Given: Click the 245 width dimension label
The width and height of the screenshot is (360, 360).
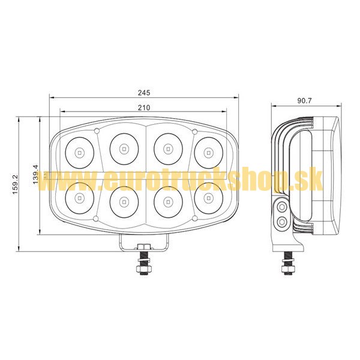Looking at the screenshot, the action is [144, 92].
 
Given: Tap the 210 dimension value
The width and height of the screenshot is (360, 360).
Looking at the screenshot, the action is [144, 107].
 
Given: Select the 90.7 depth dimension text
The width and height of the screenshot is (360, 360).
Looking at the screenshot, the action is [305, 101].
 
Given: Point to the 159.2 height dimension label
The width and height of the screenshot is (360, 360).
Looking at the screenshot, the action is [15, 184].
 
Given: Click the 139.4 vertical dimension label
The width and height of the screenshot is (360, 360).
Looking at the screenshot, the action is [35, 174].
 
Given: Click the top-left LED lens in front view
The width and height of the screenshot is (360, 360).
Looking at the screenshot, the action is [79, 152].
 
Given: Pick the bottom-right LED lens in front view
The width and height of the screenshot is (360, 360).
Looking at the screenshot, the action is [208, 198].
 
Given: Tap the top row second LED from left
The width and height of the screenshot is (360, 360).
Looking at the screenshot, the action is [124, 149].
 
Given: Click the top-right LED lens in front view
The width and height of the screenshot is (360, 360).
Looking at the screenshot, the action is [208, 152].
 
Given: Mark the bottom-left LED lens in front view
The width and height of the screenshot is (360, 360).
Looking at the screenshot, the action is [79, 198].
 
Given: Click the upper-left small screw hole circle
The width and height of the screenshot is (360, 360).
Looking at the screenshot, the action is [97, 131].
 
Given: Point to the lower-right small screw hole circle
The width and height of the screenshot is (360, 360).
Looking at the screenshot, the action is [195, 218].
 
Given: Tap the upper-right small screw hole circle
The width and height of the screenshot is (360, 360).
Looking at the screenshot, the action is [194, 131].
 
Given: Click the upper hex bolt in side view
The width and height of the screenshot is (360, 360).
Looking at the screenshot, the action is [282, 207].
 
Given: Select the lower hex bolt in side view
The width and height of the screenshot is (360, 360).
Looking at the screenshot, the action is [282, 221].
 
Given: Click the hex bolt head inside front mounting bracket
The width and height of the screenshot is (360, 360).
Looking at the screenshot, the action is [143, 247].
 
